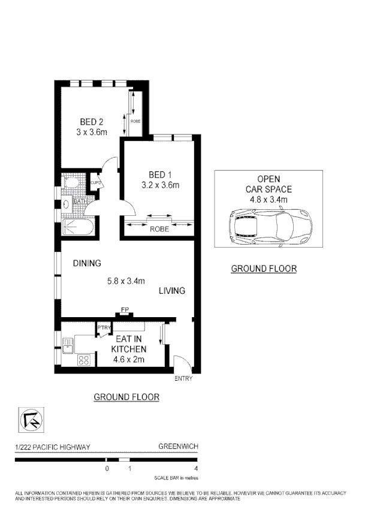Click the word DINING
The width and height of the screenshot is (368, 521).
86,263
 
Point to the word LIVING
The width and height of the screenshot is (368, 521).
172,291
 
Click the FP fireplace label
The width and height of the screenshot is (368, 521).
125,309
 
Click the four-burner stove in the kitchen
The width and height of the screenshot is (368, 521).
85,360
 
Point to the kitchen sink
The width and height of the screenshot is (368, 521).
68,345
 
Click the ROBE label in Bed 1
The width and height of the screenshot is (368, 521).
159,229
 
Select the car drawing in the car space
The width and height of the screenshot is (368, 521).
269,226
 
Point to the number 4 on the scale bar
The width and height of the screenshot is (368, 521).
196,468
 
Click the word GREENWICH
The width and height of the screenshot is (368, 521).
178,447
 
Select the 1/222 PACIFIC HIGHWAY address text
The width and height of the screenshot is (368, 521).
53,447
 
